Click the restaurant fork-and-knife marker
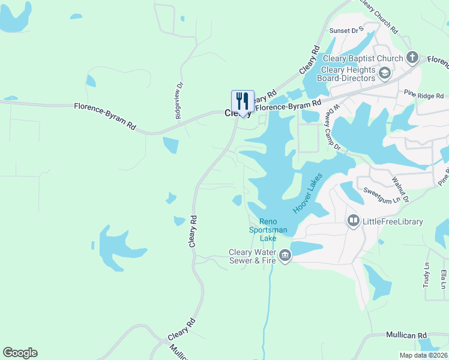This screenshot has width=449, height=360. click(x=243, y=101)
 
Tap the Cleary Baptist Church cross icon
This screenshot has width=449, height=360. click(x=412, y=58)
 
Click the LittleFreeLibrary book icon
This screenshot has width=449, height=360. click(x=354, y=221)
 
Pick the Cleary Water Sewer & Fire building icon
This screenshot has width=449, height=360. click(x=285, y=256)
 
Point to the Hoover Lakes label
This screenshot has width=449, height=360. click(x=308, y=193)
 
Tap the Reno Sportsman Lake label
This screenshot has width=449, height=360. click(x=268, y=230)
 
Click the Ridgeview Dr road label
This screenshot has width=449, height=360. click(x=178, y=100)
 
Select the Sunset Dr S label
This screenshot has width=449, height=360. click(x=348, y=29)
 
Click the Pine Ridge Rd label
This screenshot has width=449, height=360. click(x=423, y=95)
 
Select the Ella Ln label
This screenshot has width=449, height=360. click(x=444, y=278)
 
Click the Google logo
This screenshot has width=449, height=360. click(x=20, y=353)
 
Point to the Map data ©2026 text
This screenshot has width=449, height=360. click(x=423, y=355)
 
